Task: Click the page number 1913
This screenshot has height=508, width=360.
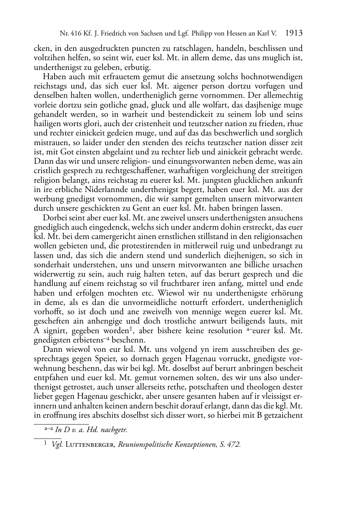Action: [294, 34]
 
